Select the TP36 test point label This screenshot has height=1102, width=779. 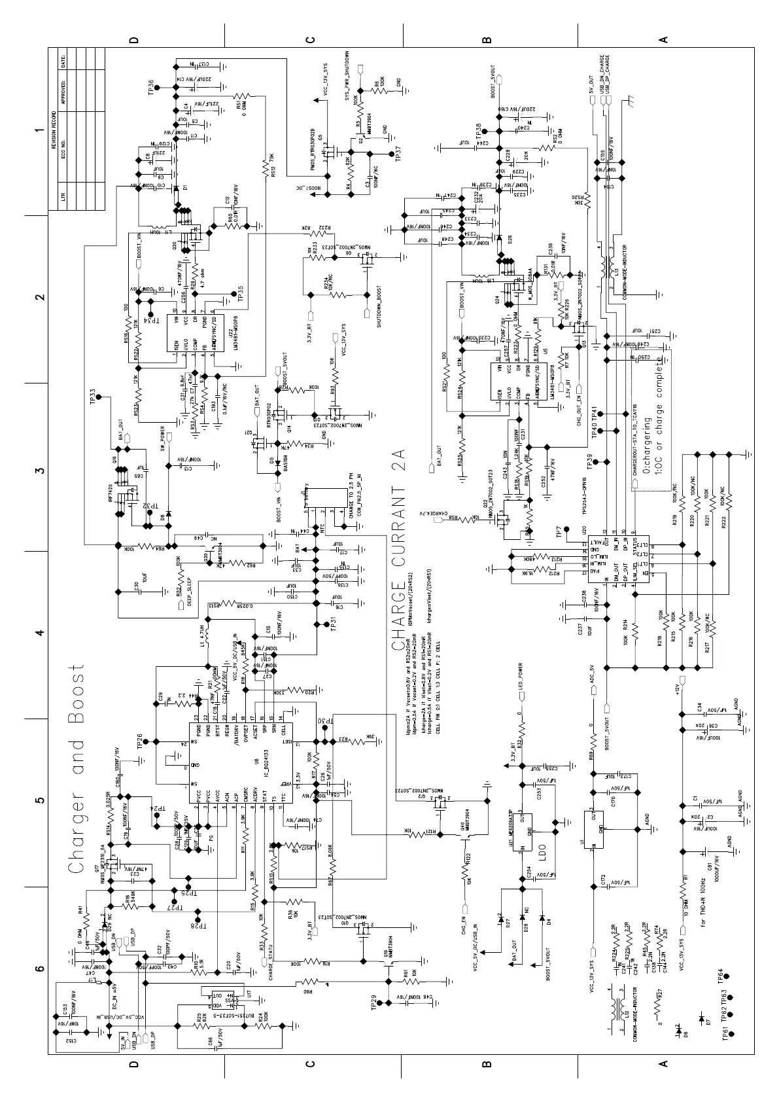click(151, 88)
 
